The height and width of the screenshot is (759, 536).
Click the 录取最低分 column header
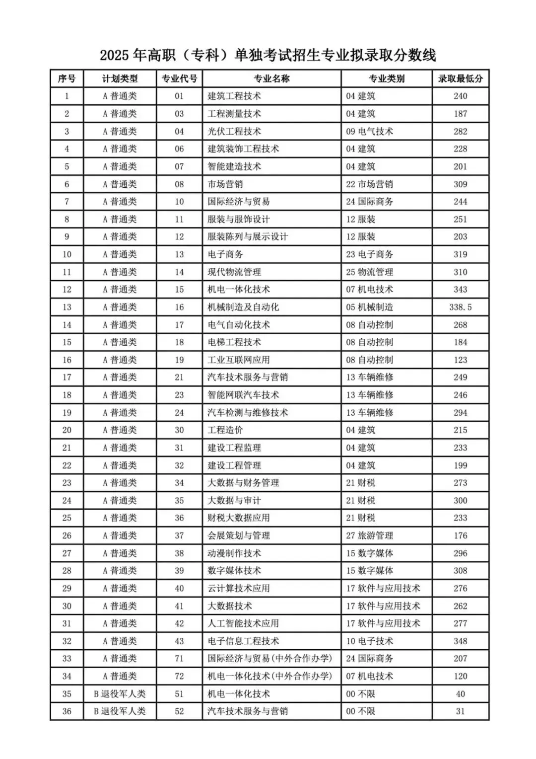point(460,78)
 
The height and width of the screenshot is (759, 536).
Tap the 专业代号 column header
point(179,78)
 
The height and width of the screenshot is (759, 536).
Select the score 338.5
point(460,307)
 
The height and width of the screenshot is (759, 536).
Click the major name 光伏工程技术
point(234,132)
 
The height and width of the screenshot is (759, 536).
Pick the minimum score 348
point(460,641)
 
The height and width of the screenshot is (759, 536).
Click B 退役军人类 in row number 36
point(120,711)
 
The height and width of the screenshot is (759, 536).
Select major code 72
point(179,676)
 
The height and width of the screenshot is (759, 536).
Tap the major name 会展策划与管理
point(239,535)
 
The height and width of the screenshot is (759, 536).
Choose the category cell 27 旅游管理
point(369,535)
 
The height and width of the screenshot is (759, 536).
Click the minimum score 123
point(460,360)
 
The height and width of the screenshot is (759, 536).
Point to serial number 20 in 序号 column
point(67,430)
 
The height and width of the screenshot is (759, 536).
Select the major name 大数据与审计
point(234,500)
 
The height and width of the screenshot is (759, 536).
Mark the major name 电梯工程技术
point(234,342)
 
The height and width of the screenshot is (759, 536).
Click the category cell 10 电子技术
point(369,641)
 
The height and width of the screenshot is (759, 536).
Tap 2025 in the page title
point(115,55)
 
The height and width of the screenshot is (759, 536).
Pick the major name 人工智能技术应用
point(243,623)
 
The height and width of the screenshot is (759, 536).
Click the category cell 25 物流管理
point(369,272)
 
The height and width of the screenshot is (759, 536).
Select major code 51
point(179,694)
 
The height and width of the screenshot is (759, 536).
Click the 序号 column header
point(67,78)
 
